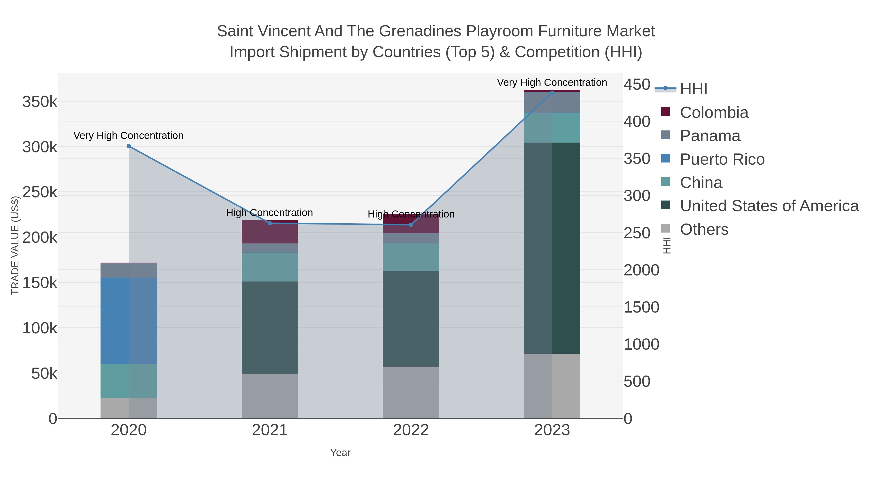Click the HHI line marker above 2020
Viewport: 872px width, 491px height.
point(129,146)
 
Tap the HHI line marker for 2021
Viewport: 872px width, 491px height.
point(270,223)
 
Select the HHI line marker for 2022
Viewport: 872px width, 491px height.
point(411,225)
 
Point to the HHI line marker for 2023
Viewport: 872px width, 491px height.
point(552,93)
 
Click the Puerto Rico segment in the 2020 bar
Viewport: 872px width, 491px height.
point(129,320)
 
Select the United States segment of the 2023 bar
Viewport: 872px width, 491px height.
point(552,248)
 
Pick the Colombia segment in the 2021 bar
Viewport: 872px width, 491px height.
point(270,232)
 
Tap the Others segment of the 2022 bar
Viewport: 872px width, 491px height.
point(411,392)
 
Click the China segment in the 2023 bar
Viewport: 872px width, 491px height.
point(552,128)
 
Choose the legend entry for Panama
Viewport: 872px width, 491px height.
point(710,136)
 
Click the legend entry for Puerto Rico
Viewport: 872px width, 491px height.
point(722,159)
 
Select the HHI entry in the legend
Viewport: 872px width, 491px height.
point(693,89)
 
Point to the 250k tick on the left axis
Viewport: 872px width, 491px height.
point(40,193)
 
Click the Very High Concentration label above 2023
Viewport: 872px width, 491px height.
point(552,82)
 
